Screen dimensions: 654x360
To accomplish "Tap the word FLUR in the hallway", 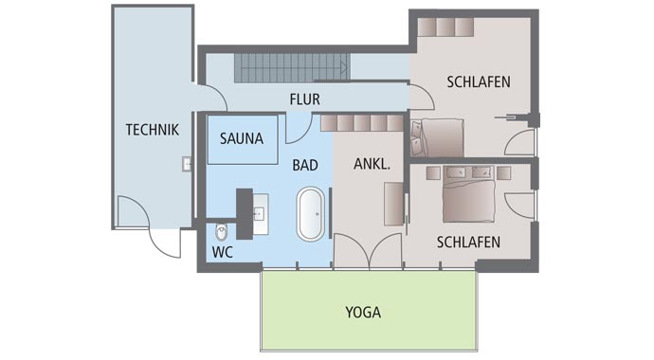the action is click(305, 98).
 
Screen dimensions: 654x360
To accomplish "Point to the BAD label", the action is click(304, 165).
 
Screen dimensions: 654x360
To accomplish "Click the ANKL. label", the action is click(372, 164).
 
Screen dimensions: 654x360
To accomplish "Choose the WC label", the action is click(222, 253).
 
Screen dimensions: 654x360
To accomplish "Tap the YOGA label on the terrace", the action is click(364, 311).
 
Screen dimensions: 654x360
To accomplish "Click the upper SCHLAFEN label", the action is click(479, 82).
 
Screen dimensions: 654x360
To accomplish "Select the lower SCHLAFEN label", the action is click(468, 243).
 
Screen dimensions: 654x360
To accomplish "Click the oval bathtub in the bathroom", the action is click(310, 213).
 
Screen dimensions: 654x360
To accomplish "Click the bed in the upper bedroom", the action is click(438, 137).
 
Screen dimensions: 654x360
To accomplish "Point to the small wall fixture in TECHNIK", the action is click(187, 164).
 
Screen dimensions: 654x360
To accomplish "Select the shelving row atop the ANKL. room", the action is click(361, 123).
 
